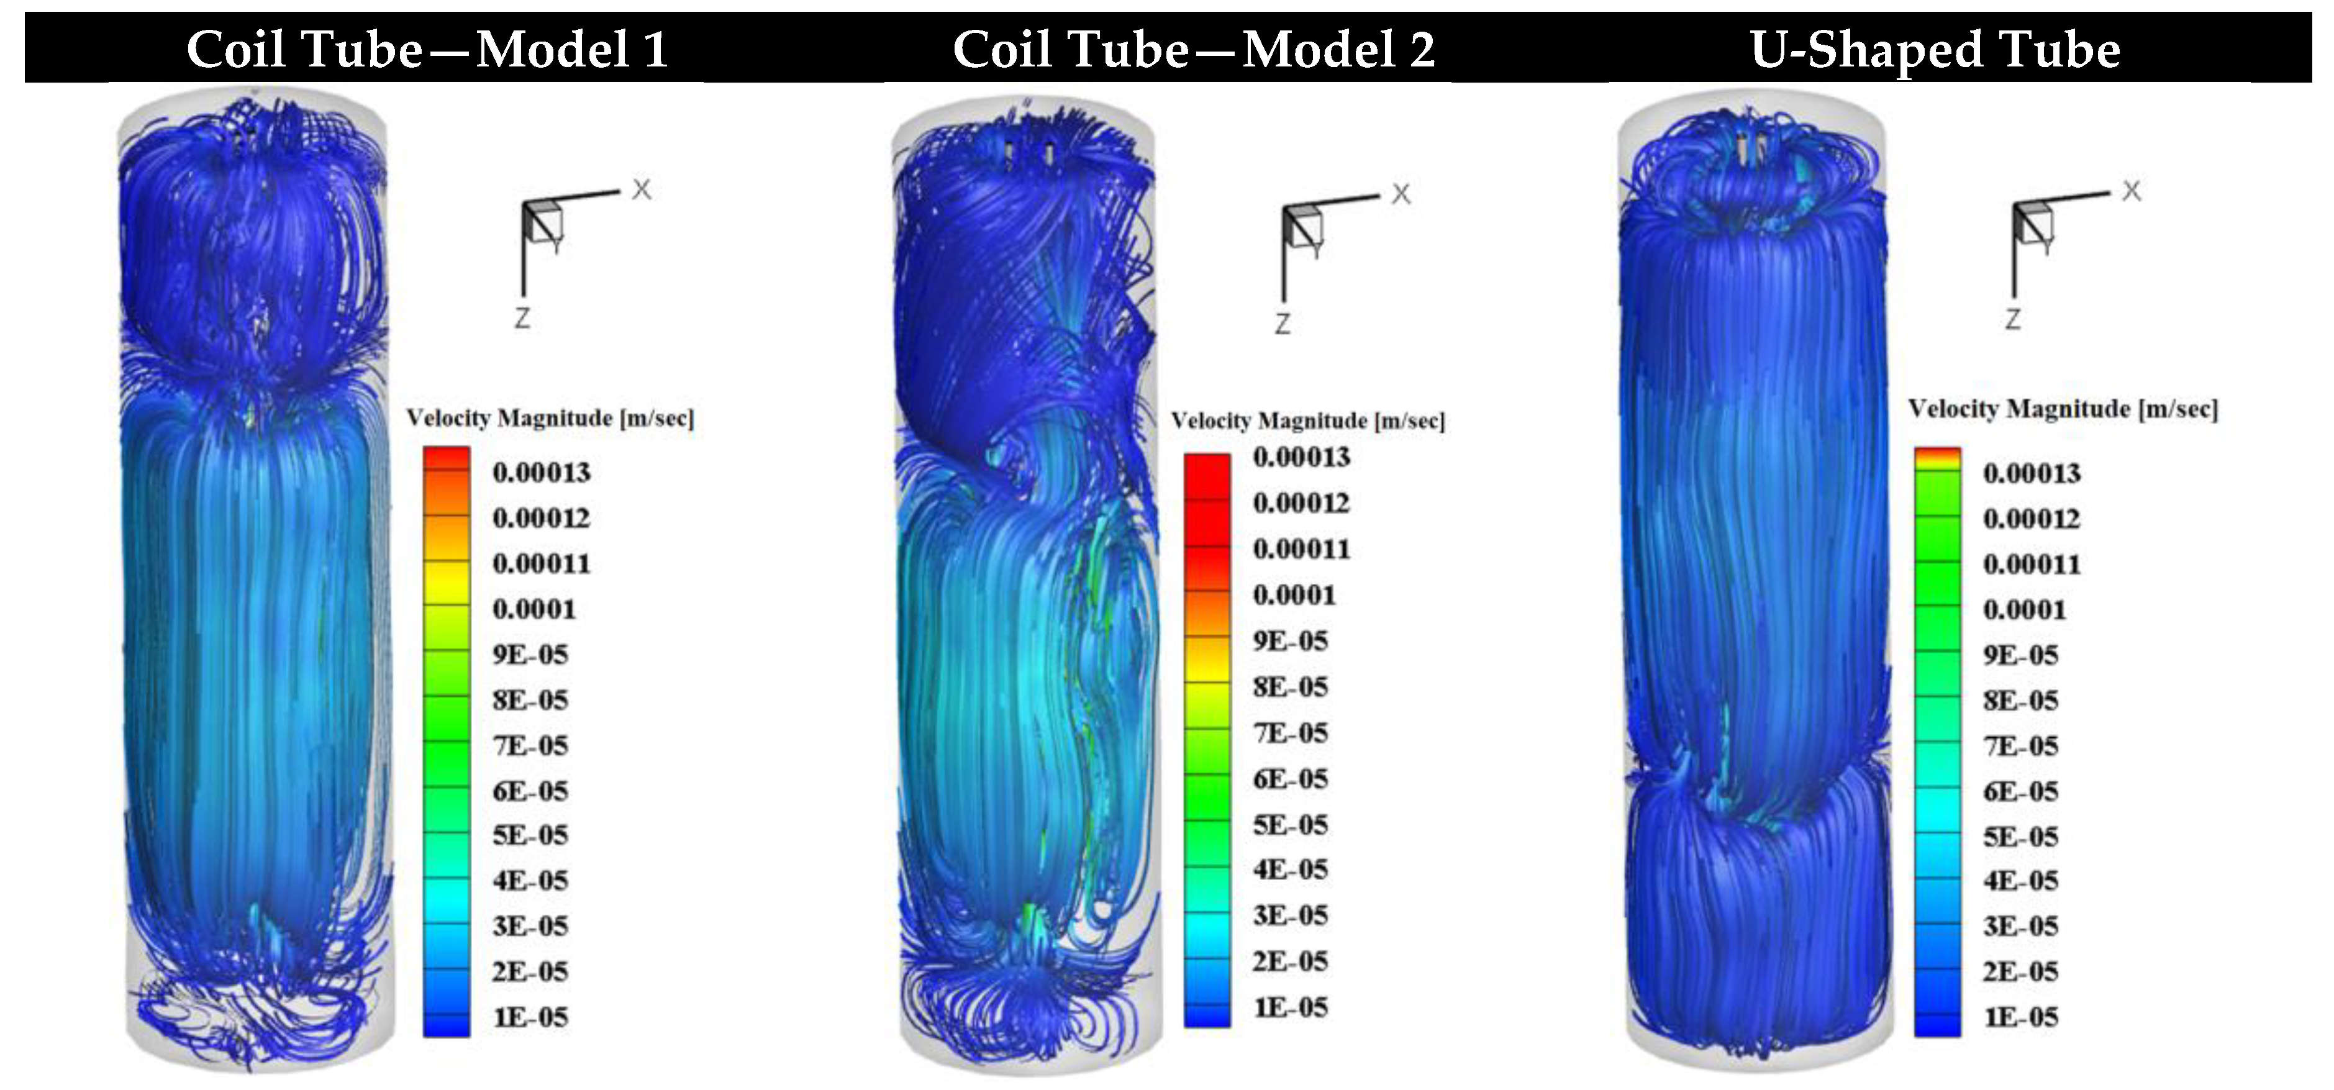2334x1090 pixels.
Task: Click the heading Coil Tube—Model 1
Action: click(x=427, y=49)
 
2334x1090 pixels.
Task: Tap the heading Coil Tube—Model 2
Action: click(x=1193, y=49)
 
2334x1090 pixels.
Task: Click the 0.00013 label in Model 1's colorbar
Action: click(x=541, y=472)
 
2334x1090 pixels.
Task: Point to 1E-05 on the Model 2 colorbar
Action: click(x=1290, y=1007)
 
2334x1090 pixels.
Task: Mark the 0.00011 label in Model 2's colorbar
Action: click(x=1301, y=548)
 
